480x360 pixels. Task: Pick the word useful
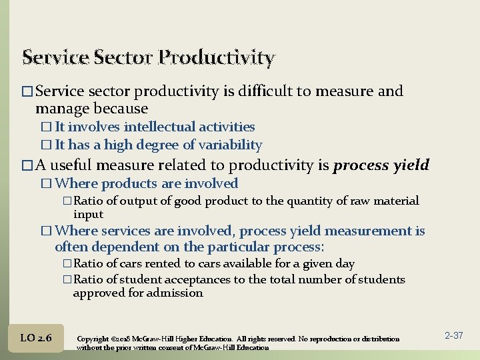click(73, 165)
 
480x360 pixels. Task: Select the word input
click(88, 214)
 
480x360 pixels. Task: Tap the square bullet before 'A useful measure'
click(27, 165)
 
